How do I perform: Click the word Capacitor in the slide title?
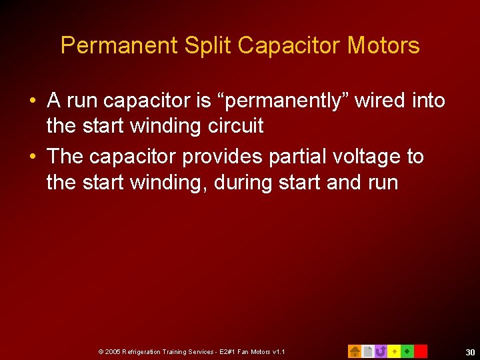[289, 46]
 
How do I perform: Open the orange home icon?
[355, 351]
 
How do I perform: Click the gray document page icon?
[367, 351]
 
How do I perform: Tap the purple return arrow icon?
[381, 351]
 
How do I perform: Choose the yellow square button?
[394, 351]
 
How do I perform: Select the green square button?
[407, 351]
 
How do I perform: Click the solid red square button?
[421, 351]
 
